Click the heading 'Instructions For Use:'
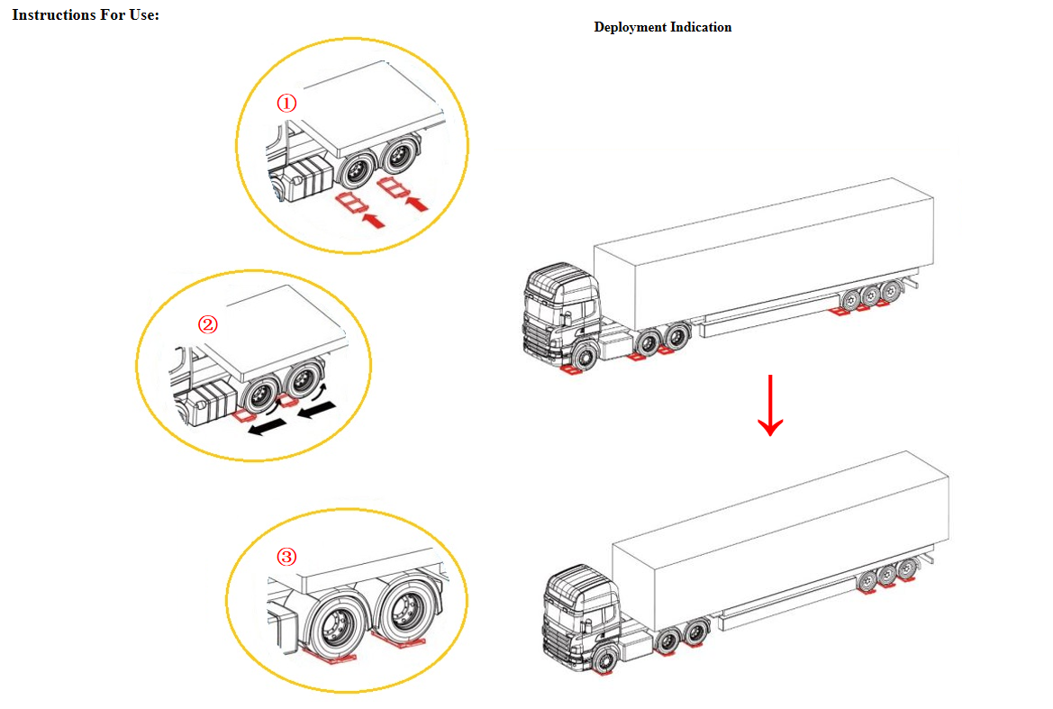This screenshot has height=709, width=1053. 86,14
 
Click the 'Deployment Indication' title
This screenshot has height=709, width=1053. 663,28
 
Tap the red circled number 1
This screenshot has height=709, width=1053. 286,103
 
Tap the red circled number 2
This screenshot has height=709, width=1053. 207,324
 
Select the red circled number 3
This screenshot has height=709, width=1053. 286,557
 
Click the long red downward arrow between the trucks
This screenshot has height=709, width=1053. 770,405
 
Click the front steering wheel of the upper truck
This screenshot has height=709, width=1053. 585,357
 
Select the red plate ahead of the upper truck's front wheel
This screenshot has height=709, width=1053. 571,368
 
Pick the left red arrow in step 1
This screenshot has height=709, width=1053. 373,220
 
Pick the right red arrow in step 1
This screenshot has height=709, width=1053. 417,202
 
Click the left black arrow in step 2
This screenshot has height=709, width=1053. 267,427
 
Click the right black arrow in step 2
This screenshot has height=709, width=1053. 316,408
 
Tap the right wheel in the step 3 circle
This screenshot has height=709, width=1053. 405,610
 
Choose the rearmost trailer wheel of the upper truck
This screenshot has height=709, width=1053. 891,291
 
